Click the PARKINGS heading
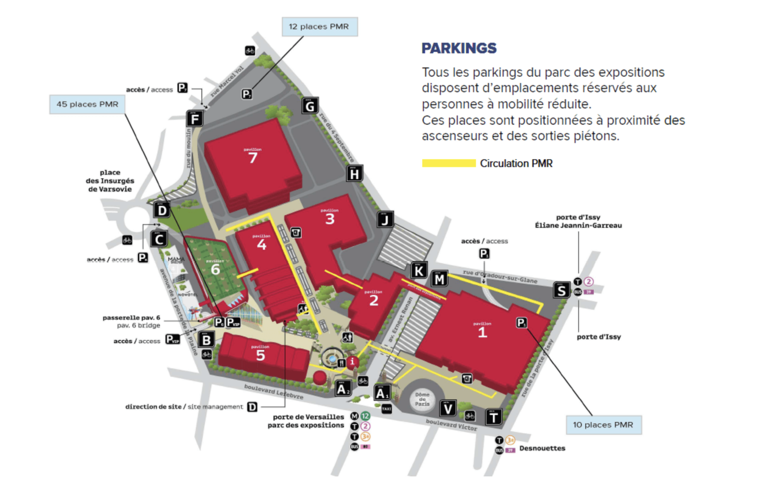pyautogui.click(x=459, y=48)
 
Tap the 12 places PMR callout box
pyautogui.click(x=319, y=27)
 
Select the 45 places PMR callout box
pyautogui.click(x=87, y=105)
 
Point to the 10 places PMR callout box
pyautogui.click(x=603, y=425)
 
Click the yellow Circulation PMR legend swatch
pyautogui.click(x=449, y=163)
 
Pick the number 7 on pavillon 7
pyautogui.click(x=253, y=158)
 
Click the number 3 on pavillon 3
pyautogui.click(x=330, y=219)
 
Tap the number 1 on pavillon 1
pyautogui.click(x=482, y=332)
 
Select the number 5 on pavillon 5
pyautogui.click(x=260, y=355)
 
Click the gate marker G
pyautogui.click(x=310, y=106)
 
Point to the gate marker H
pyautogui.click(x=354, y=174)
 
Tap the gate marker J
pyautogui.click(x=385, y=220)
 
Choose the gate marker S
pyautogui.click(x=561, y=290)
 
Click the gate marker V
pyautogui.click(x=448, y=409)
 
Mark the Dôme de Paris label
pyautogui.click(x=422, y=399)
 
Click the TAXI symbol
pyautogui.click(x=386, y=409)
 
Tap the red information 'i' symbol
pyautogui.click(x=352, y=362)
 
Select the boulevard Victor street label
pyautogui.click(x=451, y=425)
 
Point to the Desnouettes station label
pyautogui.click(x=542, y=448)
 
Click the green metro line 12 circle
pyautogui.click(x=365, y=416)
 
